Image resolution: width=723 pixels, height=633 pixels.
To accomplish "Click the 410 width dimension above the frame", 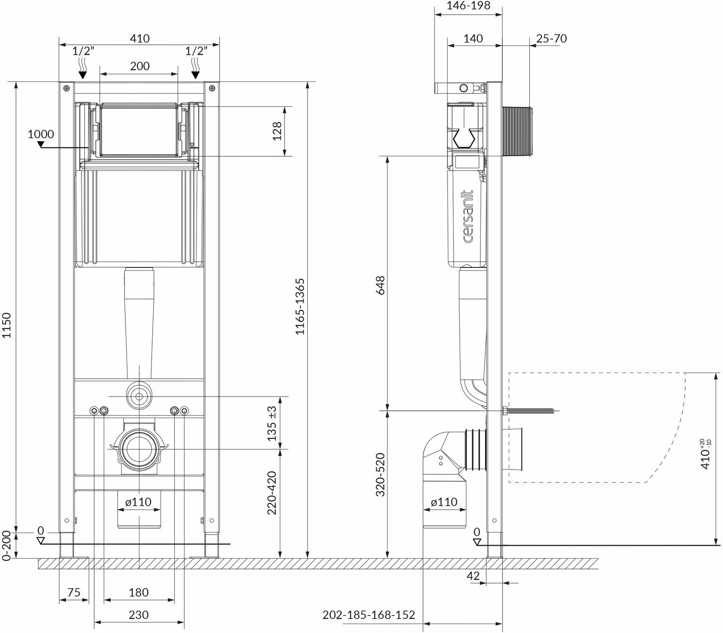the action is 139,38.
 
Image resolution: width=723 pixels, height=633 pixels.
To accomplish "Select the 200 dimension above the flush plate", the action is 139,66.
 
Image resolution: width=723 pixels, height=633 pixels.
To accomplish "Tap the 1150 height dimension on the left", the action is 7,325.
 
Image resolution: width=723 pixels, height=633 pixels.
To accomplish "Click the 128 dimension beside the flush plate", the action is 277,131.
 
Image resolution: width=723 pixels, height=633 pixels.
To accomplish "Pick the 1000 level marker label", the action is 41,134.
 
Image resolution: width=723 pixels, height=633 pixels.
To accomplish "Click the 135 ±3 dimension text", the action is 272,423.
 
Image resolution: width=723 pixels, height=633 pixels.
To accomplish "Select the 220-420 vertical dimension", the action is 272,493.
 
